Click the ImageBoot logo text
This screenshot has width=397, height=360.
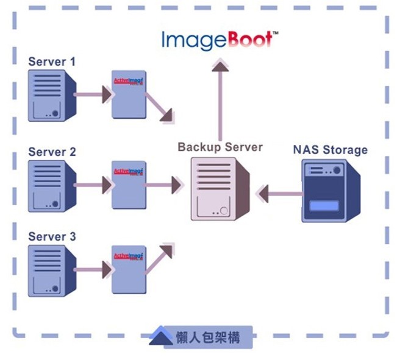click(x=220, y=40)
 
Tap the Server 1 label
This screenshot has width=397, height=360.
click(x=52, y=62)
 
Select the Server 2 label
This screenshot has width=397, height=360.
click(x=52, y=152)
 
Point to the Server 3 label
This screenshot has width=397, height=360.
click(x=52, y=236)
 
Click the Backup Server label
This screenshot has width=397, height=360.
click(x=220, y=147)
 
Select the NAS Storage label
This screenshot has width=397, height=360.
click(x=330, y=149)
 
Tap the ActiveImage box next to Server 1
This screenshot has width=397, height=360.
click(x=129, y=94)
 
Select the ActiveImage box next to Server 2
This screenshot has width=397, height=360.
click(x=129, y=185)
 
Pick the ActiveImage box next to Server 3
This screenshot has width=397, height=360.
click(x=129, y=269)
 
